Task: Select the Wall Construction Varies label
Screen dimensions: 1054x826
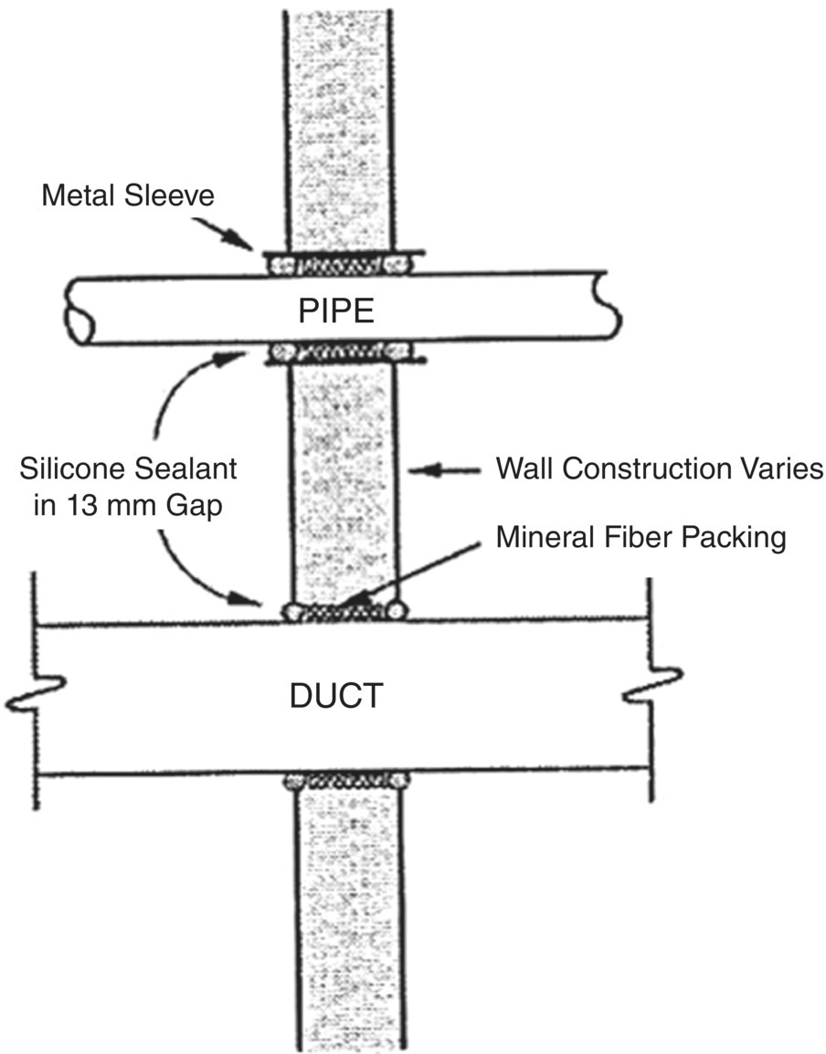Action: [660, 469]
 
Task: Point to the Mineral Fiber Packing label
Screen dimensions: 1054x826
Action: [641, 538]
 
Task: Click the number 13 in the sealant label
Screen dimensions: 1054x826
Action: [70, 506]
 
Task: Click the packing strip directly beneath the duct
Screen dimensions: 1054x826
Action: [344, 782]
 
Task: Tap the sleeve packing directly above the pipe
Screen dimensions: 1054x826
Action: [344, 264]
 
